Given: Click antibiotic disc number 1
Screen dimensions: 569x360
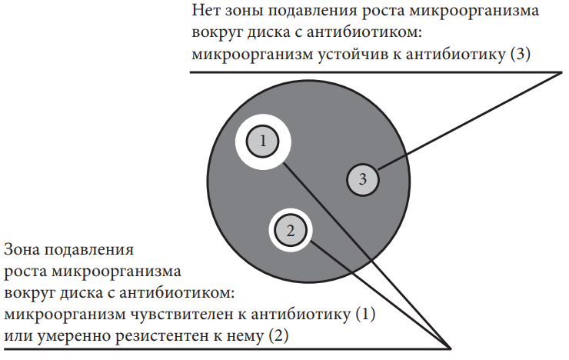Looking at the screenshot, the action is pyautogui.click(x=263, y=142).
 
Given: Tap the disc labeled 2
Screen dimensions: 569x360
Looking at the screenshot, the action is pyautogui.click(x=291, y=231).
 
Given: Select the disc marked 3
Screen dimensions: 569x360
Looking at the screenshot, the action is pyautogui.click(x=362, y=180).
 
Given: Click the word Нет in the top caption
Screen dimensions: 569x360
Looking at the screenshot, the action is pyautogui.click(x=206, y=11).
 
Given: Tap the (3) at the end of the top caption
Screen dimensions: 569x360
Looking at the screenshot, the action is pyautogui.click(x=520, y=55).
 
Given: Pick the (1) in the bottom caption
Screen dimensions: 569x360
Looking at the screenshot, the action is pyautogui.click(x=365, y=315).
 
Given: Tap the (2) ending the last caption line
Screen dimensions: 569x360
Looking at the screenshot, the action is pyautogui.click(x=278, y=335).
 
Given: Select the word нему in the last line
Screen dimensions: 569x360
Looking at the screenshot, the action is pyautogui.click(x=245, y=336).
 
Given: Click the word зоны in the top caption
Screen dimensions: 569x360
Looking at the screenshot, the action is pyautogui.click(x=244, y=11).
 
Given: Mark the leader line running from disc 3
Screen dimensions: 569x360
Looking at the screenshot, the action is pyautogui.click(x=470, y=121).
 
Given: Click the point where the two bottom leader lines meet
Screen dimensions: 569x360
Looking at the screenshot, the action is pyautogui.click(x=451, y=348).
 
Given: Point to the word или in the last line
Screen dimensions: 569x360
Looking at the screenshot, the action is pyautogui.click(x=18, y=336).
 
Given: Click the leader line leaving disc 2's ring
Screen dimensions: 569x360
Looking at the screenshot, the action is pyautogui.click(x=381, y=295).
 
